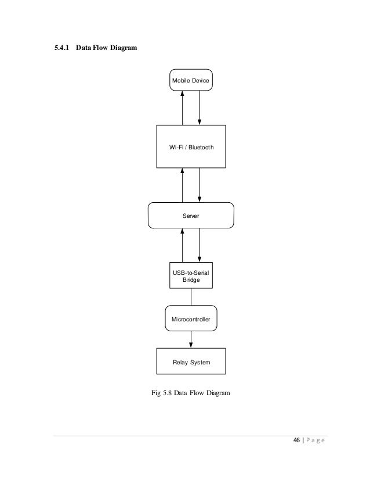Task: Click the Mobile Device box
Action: click(x=191, y=80)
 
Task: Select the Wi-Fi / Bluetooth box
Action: click(x=191, y=147)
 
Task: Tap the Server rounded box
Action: click(x=191, y=215)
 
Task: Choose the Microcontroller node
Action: click(x=191, y=319)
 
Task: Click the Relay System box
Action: click(x=191, y=361)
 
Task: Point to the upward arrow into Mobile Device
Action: click(x=183, y=108)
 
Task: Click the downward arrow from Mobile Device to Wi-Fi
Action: click(x=199, y=108)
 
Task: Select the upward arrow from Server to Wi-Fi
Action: click(x=183, y=185)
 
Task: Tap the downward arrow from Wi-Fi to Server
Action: click(x=199, y=185)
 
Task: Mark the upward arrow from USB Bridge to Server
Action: click(x=183, y=245)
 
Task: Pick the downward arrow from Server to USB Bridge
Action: click(x=199, y=245)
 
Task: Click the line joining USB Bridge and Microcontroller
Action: click(x=191, y=296)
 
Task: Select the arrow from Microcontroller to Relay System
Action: click(x=191, y=341)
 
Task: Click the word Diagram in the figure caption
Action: click(x=216, y=393)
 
